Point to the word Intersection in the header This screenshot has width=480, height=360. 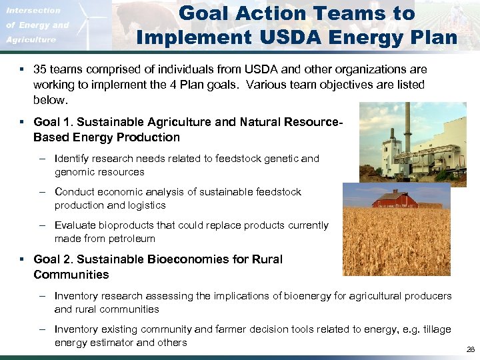tap(33, 10)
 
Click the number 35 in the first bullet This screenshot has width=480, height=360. tap(41, 69)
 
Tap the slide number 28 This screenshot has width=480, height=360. tap(471, 349)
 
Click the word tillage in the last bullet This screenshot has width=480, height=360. tap(436, 329)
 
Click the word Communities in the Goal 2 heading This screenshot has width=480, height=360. tap(71, 275)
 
